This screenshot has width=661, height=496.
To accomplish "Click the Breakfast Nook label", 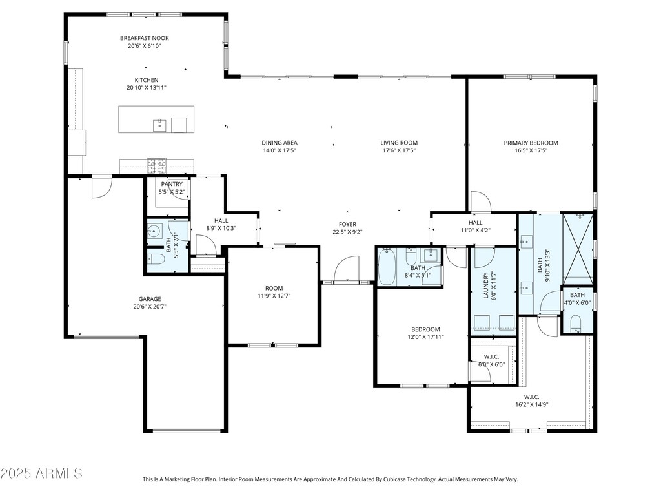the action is click(145, 38).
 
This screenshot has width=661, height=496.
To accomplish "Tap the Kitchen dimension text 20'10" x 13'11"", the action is click(147, 88).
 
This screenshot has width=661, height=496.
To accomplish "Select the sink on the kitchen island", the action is click(159, 126).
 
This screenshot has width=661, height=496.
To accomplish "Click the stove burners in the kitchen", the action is click(157, 166).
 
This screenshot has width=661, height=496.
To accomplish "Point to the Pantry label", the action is click(172, 184).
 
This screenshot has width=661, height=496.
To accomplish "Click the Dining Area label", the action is click(280, 143).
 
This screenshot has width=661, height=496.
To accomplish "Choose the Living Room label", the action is click(399, 143).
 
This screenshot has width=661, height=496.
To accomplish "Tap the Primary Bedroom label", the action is click(531, 143).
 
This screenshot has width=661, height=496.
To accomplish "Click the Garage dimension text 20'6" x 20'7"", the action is click(150, 307).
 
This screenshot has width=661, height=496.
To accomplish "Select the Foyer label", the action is click(348, 224).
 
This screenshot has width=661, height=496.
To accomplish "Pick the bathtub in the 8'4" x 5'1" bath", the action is click(387, 267).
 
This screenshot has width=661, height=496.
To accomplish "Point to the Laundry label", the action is click(485, 285).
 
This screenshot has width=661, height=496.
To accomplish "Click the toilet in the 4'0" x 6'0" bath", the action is click(576, 324).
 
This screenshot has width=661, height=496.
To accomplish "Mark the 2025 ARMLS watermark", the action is click(41, 473).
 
